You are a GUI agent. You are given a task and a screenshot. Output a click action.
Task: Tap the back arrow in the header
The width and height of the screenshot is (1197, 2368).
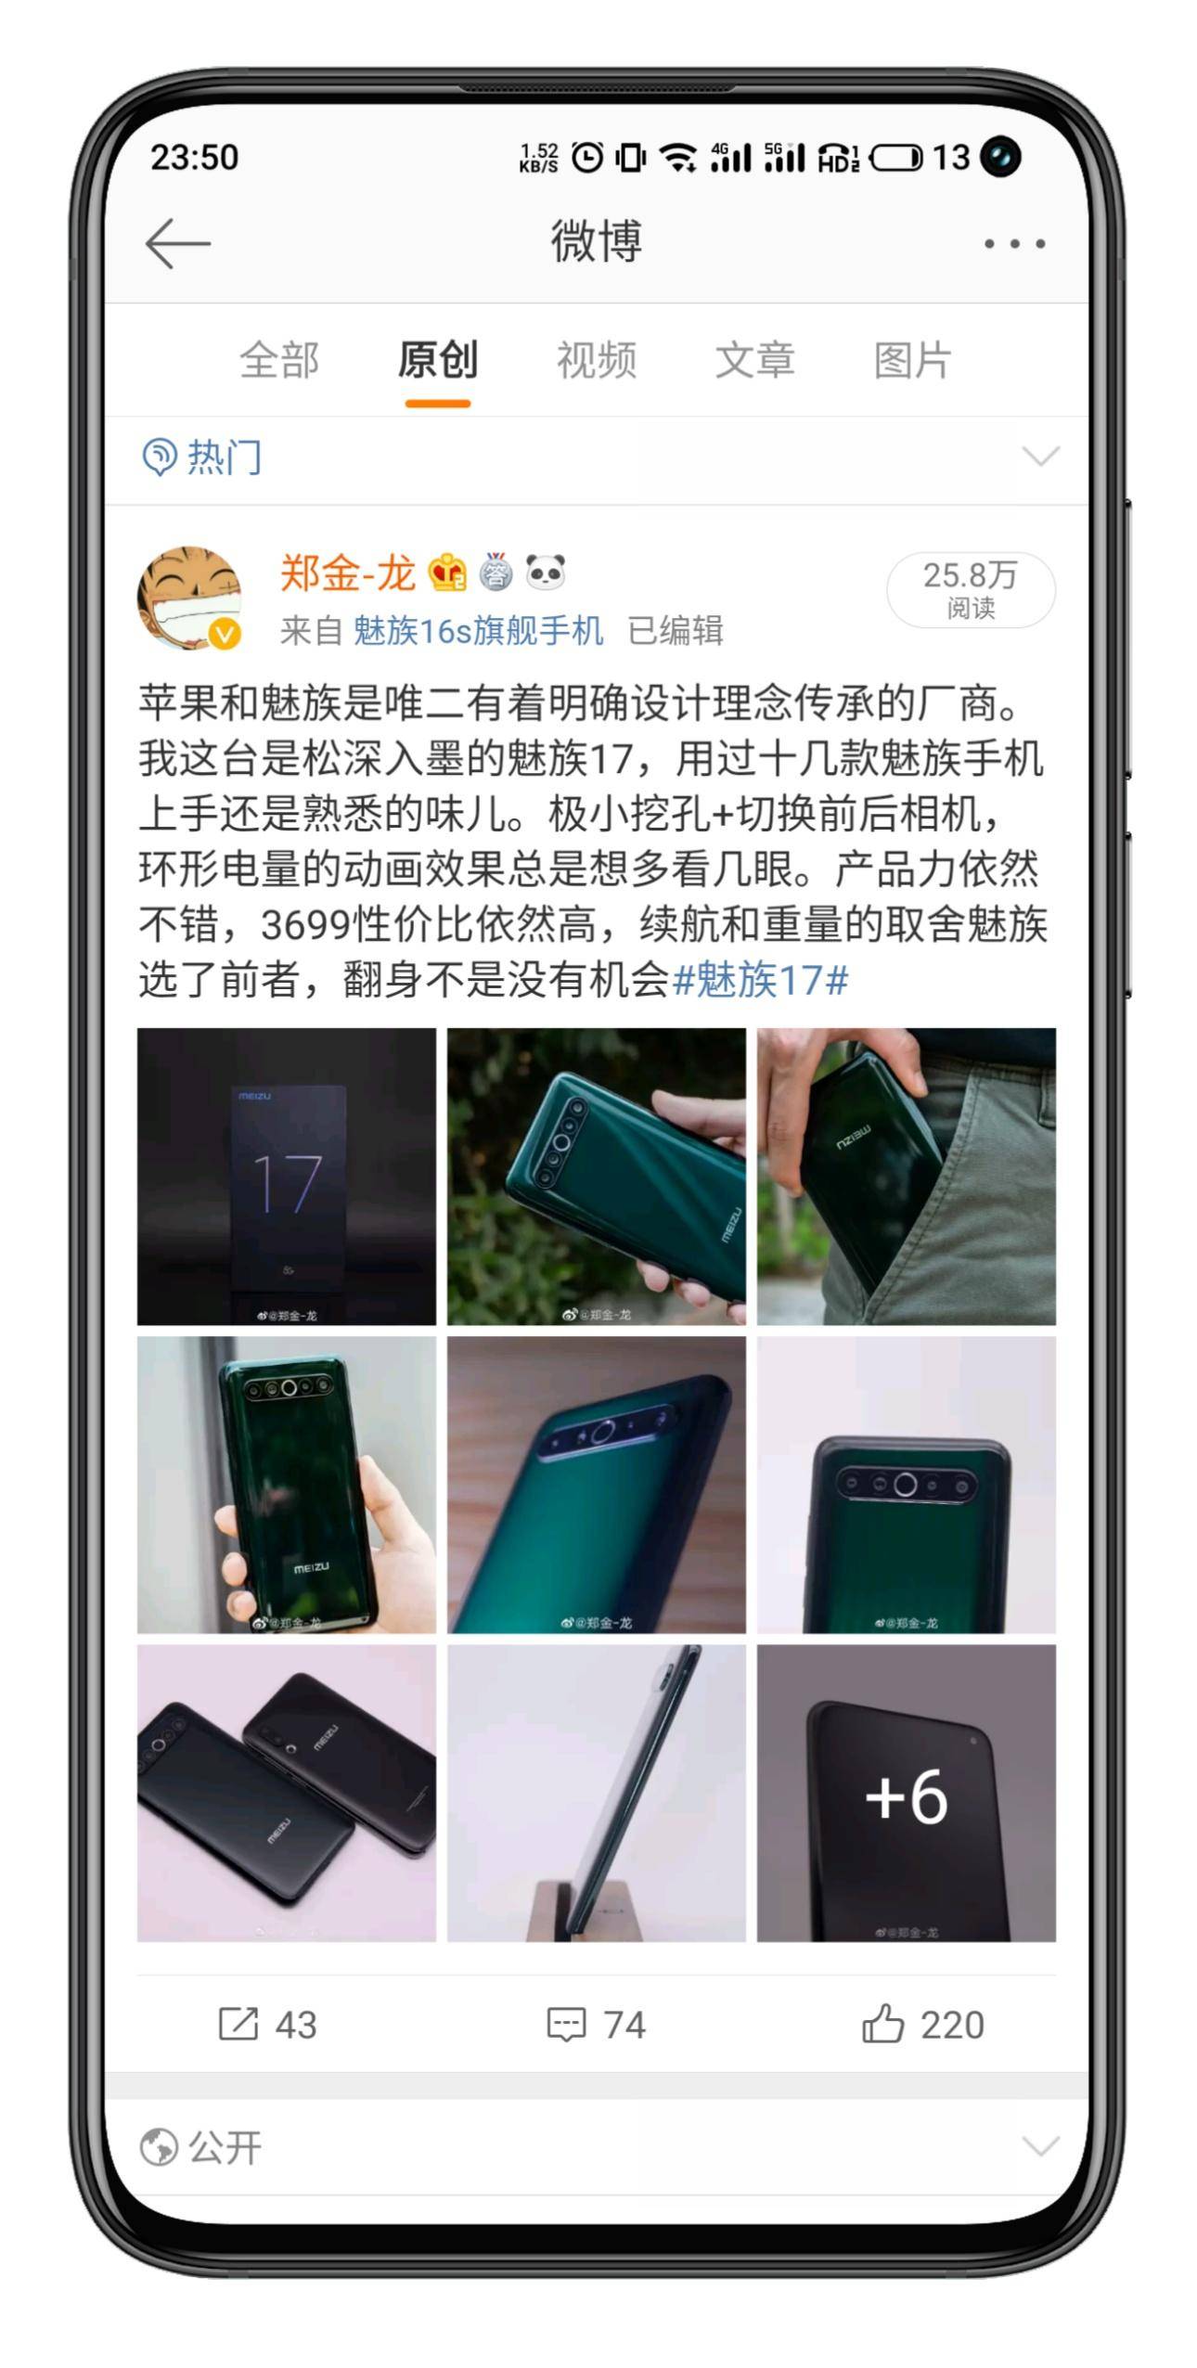178,243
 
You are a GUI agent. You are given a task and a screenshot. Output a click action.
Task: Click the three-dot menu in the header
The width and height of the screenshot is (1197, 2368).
1014,244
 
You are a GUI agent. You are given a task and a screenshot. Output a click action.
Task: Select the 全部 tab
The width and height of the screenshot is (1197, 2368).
279,360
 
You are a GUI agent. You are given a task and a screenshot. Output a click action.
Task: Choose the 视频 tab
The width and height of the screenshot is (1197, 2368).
596,360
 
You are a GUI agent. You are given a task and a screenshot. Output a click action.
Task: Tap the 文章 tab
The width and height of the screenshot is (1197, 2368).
754,360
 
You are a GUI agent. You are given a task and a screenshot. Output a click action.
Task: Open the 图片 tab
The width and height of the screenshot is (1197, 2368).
913,360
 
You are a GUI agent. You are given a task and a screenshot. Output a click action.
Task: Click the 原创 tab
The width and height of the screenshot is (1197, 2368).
438,360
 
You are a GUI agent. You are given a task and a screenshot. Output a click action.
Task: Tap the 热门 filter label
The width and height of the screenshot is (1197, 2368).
225,457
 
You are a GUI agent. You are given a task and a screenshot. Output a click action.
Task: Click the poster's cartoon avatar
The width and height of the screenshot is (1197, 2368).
189,598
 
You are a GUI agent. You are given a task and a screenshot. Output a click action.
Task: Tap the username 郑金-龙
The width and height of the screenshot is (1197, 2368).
347,573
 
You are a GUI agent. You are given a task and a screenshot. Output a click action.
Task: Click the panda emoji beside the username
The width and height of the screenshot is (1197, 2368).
546,573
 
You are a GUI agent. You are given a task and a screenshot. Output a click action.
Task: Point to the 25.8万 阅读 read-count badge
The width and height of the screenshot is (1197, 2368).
971,589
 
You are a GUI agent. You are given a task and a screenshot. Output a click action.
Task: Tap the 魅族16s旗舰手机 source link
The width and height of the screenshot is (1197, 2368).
478,631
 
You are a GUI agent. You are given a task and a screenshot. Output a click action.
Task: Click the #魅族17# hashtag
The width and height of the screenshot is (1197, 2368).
760,980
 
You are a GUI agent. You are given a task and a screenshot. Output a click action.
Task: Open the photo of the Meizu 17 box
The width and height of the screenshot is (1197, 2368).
287,1176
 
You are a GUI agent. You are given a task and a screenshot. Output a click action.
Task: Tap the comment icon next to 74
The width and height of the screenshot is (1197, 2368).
566,2024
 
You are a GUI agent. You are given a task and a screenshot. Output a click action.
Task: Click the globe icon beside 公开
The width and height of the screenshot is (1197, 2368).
159,2147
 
